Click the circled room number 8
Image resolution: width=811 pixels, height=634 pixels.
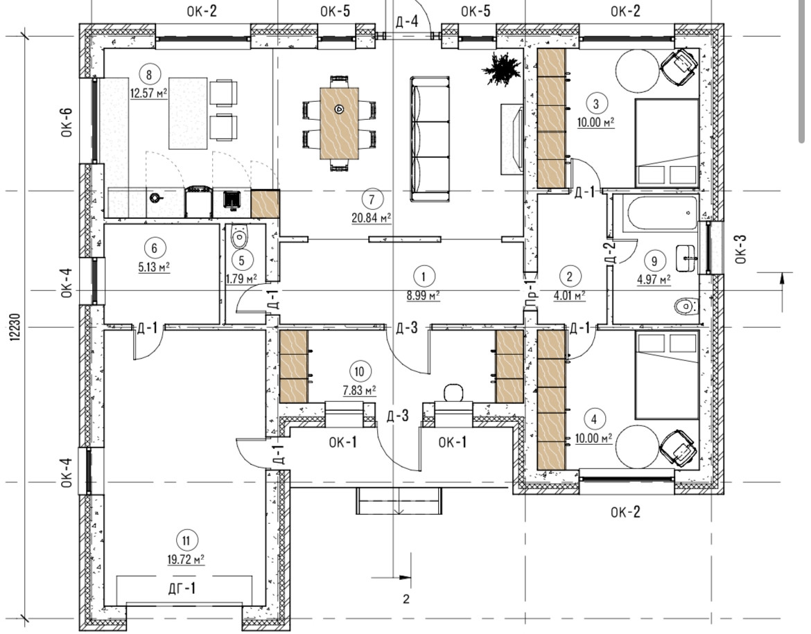point(149,74)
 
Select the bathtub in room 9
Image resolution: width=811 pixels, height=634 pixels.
point(662,213)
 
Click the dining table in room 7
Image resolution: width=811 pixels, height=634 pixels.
point(339,123)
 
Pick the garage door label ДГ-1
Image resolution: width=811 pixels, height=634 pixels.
point(182,588)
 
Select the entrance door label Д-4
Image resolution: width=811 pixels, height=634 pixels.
point(406,21)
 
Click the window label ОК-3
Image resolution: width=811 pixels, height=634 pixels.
point(741,249)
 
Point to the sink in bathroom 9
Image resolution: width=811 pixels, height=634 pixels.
point(687,258)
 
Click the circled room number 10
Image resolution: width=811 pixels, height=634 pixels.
point(360,371)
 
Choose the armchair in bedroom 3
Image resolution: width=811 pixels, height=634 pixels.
point(679,67)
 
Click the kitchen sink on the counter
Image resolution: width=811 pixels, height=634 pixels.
point(232,200)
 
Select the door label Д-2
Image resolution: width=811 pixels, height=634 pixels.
point(610,254)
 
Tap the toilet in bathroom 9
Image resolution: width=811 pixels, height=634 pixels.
point(687,307)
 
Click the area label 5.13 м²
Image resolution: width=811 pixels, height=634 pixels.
point(154,267)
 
